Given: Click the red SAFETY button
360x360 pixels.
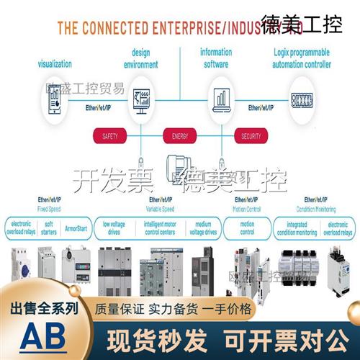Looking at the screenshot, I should click(x=109, y=135).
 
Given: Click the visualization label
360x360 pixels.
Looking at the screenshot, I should click(x=55, y=63).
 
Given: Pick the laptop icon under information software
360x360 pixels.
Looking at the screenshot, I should click(x=220, y=98).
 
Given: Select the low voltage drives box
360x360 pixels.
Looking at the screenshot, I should click(x=112, y=228).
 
